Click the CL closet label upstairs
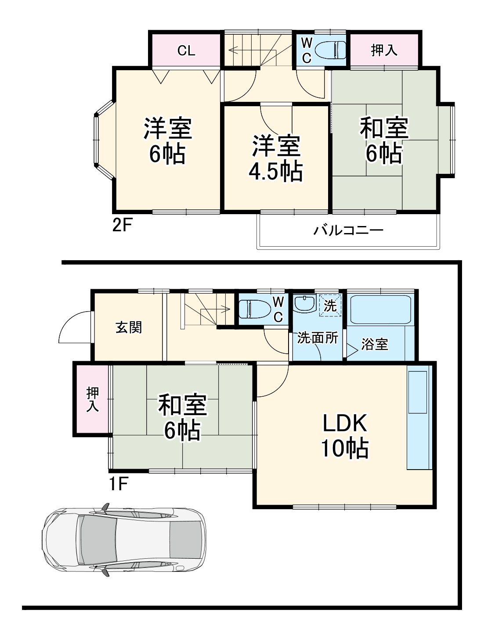pos(186,50)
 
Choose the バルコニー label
pos(348,230)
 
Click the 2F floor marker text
pos(123,226)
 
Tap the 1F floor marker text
pos(118,484)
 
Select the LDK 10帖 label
pos(345,436)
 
